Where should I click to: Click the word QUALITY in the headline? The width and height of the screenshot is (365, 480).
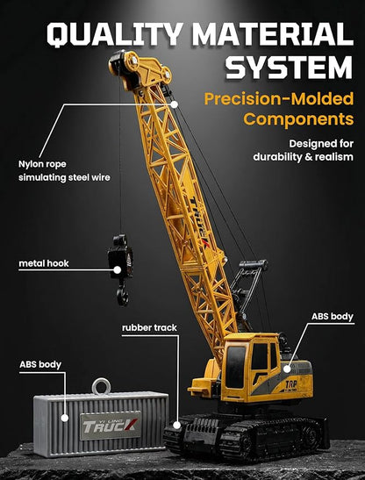click(x=116, y=33)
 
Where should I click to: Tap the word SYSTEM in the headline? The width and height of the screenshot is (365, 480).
click(x=289, y=68)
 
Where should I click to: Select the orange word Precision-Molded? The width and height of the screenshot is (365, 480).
click(x=279, y=99)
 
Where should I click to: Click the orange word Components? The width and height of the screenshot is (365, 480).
click(x=298, y=119)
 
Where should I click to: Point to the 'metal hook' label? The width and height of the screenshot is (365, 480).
click(x=44, y=263)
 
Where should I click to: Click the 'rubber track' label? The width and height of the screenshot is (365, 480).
click(x=149, y=327)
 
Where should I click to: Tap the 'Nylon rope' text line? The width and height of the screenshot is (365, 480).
click(x=42, y=164)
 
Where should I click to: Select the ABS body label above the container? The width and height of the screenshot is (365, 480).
click(x=40, y=364)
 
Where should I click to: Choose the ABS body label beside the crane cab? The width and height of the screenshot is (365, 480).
click(x=333, y=316)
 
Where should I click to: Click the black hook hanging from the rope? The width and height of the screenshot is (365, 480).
click(x=121, y=269)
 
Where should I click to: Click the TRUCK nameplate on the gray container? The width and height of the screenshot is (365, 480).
click(x=111, y=426)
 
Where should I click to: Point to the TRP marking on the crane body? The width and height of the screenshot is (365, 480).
click(x=291, y=384)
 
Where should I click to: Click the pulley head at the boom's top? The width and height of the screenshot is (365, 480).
click(x=140, y=69)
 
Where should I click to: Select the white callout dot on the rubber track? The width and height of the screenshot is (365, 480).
click(x=176, y=425)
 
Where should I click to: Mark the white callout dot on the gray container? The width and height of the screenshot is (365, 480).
click(x=64, y=418)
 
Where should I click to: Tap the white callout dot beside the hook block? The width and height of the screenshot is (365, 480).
click(x=118, y=269)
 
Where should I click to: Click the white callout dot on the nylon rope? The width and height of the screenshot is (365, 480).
click(x=175, y=104)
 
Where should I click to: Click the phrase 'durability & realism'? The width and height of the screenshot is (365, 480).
click(x=304, y=157)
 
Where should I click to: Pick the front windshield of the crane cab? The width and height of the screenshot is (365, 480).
click(x=236, y=367)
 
